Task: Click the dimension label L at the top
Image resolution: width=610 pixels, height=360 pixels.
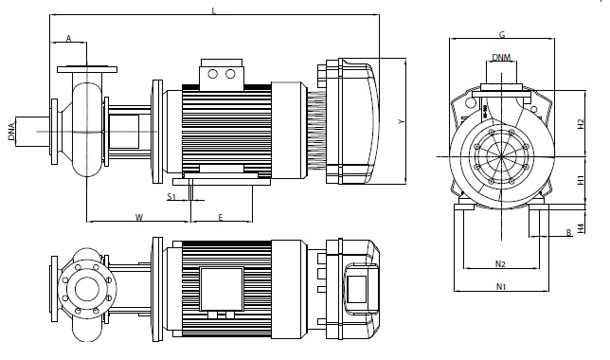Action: tap(213, 10)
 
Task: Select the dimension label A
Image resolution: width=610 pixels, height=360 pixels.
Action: tap(68, 39)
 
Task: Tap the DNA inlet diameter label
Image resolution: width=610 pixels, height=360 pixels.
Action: tap(11, 132)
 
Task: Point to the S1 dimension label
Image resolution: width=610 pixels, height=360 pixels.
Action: tap(171, 196)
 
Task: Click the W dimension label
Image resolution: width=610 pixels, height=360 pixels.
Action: tap(139, 217)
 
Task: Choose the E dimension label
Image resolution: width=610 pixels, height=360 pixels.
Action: tap(221, 217)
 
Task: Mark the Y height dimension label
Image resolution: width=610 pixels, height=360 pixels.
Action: tap(402, 122)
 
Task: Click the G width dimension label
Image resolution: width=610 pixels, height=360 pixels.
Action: tap(502, 34)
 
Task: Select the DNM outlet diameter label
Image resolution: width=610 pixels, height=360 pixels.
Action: tap(501, 58)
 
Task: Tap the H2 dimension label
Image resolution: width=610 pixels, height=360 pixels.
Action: tap(581, 124)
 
